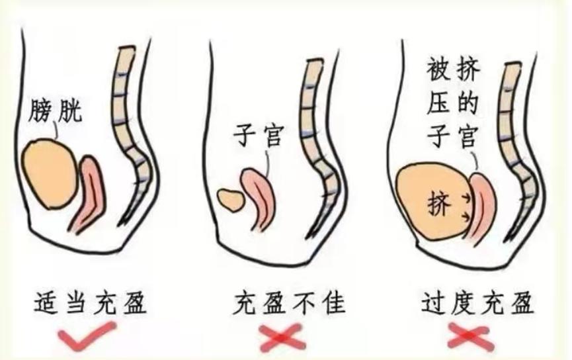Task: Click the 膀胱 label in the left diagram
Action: (55, 111)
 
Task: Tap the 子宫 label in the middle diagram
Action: (259, 138)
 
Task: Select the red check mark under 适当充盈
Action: (86, 335)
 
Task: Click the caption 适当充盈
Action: (91, 303)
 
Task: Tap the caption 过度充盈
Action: (478, 303)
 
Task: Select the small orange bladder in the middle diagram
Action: (231, 199)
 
